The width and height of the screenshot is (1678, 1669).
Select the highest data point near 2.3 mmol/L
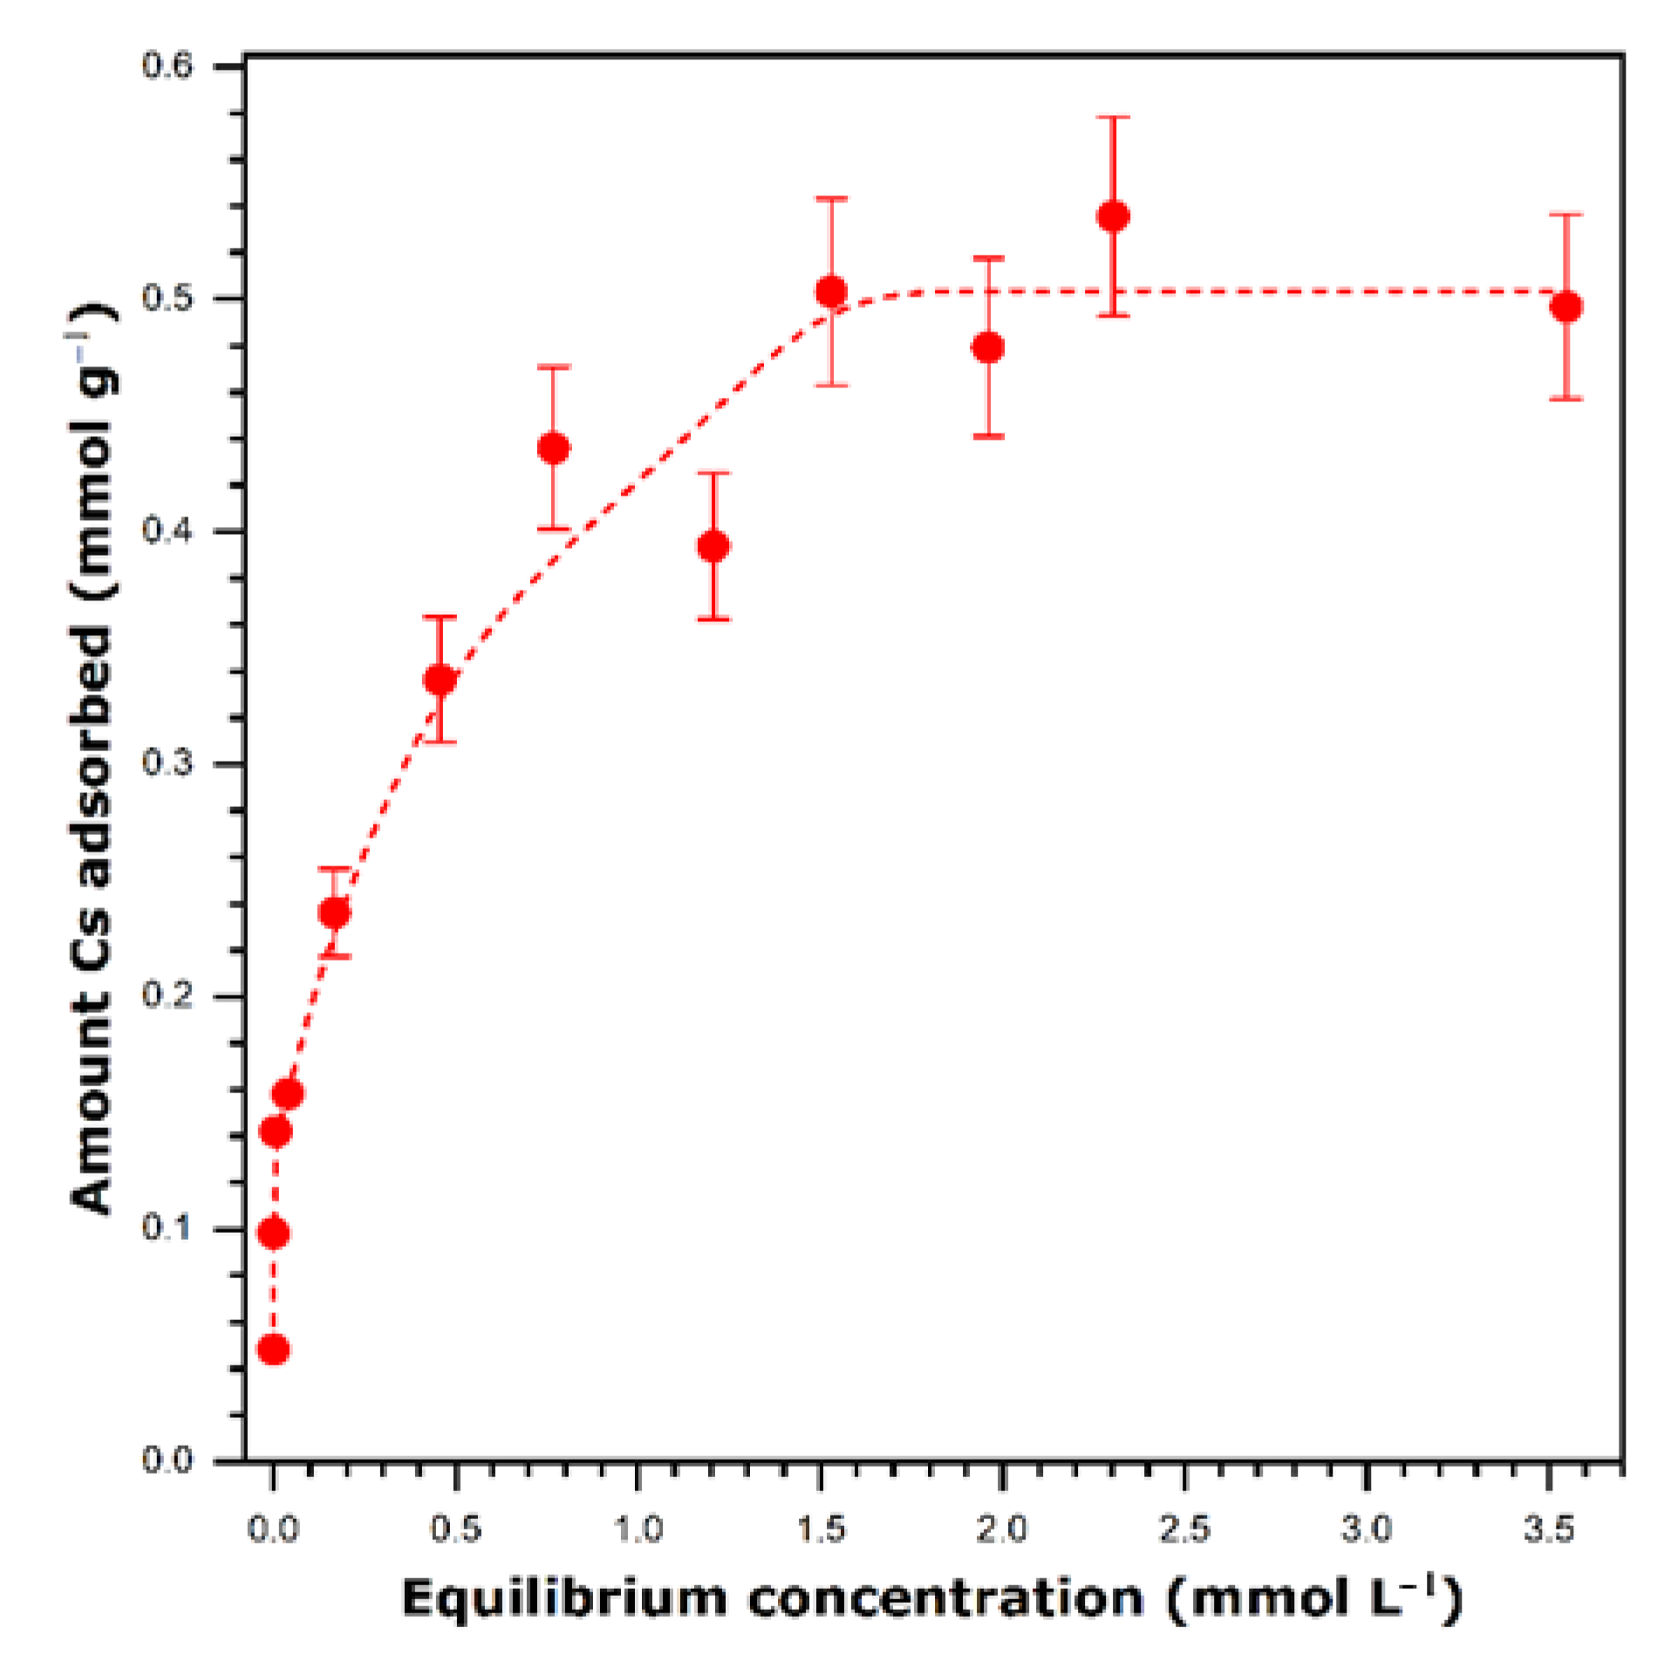(x=1113, y=215)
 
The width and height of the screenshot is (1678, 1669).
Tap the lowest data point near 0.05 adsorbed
(x=273, y=1350)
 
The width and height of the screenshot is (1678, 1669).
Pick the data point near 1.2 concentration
(x=713, y=546)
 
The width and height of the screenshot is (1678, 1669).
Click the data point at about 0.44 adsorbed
(x=554, y=448)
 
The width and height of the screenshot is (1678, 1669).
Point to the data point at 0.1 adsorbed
(x=274, y=1233)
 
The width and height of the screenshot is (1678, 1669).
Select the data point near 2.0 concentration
(x=987, y=347)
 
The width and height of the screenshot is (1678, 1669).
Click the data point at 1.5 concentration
(x=830, y=291)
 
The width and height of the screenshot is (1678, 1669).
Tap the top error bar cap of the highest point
(x=1113, y=117)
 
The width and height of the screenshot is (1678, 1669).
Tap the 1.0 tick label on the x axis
(x=638, y=1530)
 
